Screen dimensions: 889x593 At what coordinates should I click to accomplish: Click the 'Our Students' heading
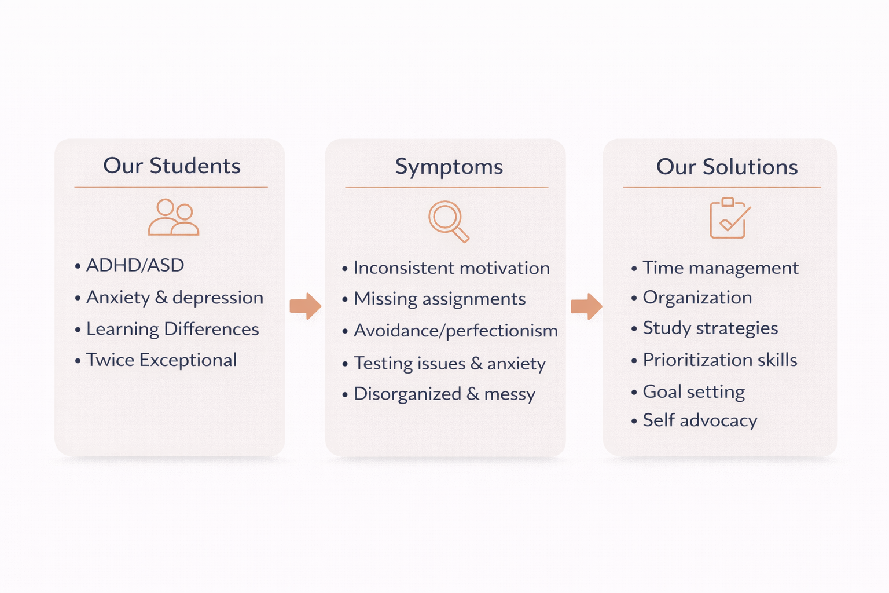pos(172,166)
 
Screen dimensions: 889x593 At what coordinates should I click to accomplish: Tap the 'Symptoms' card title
pos(449,167)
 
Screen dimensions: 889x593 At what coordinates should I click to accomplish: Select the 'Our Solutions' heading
pos(727,167)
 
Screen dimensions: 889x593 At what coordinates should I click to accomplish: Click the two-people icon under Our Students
pos(173,218)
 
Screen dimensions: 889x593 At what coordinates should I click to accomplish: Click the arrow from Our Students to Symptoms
pos(306,306)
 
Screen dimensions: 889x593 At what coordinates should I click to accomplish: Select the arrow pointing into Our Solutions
pos(586,306)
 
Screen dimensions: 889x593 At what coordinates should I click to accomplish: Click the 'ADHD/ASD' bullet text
pos(135,265)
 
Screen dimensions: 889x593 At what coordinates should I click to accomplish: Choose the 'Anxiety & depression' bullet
pos(175,298)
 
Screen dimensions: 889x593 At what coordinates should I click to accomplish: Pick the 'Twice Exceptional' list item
pos(161,360)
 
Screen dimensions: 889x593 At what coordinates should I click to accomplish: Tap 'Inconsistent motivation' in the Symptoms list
pos(451,268)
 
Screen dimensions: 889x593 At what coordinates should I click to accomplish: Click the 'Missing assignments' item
pos(440,299)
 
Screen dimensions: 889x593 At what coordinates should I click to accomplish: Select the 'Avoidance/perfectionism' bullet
pos(455,331)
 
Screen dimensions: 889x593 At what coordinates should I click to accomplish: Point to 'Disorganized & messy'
pos(444,394)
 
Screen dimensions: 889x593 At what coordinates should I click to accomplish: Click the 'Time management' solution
pos(721,268)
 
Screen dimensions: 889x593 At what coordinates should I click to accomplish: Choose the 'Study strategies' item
pos(710,328)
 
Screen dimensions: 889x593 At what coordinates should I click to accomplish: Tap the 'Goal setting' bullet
pos(694,392)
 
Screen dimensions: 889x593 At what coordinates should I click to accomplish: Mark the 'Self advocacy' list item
pos(700,420)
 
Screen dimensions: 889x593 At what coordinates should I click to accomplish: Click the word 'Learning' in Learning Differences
pos(123,329)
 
